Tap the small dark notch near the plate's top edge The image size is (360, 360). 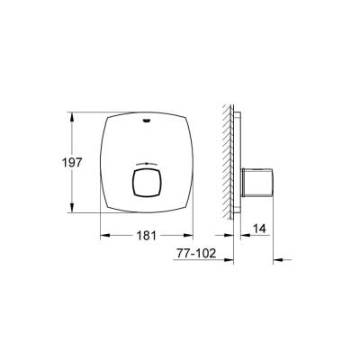[x=148, y=114]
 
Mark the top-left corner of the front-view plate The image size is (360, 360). [x=105, y=116]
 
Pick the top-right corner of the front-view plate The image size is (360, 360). [x=190, y=116]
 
